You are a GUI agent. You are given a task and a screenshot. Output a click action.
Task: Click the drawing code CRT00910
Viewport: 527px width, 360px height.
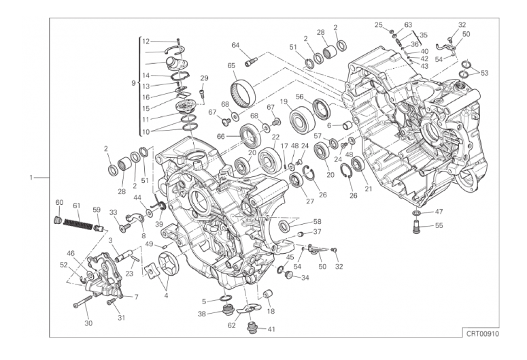tap(482, 334)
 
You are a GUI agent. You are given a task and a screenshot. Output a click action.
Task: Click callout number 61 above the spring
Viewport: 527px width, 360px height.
tap(77, 206)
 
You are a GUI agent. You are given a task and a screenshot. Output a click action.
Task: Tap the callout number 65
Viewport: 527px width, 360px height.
tap(231, 65)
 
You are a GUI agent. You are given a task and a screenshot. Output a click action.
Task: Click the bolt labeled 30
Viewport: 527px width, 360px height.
tap(83, 301)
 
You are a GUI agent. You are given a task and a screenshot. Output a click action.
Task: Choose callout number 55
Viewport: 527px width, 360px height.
tap(439, 225)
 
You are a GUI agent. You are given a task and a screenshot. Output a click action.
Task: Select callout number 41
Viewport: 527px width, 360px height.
tap(271, 329)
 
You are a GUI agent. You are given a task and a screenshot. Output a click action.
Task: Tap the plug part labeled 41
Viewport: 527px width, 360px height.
tap(252, 327)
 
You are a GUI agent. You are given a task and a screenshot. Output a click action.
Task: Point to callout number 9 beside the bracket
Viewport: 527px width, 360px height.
tap(133, 83)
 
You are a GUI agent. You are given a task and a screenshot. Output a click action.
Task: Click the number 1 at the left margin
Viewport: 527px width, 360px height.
tap(31, 178)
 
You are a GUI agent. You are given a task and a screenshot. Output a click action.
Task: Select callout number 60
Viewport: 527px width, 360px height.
tap(59, 203)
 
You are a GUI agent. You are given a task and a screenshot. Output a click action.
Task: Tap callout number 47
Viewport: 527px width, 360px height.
tap(439, 212)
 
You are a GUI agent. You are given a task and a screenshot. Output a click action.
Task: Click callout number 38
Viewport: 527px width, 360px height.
tap(202, 314)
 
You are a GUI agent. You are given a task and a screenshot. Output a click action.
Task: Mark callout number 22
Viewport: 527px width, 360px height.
tap(275, 137)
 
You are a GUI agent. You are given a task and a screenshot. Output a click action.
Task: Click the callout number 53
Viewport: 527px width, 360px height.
tap(484, 73)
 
